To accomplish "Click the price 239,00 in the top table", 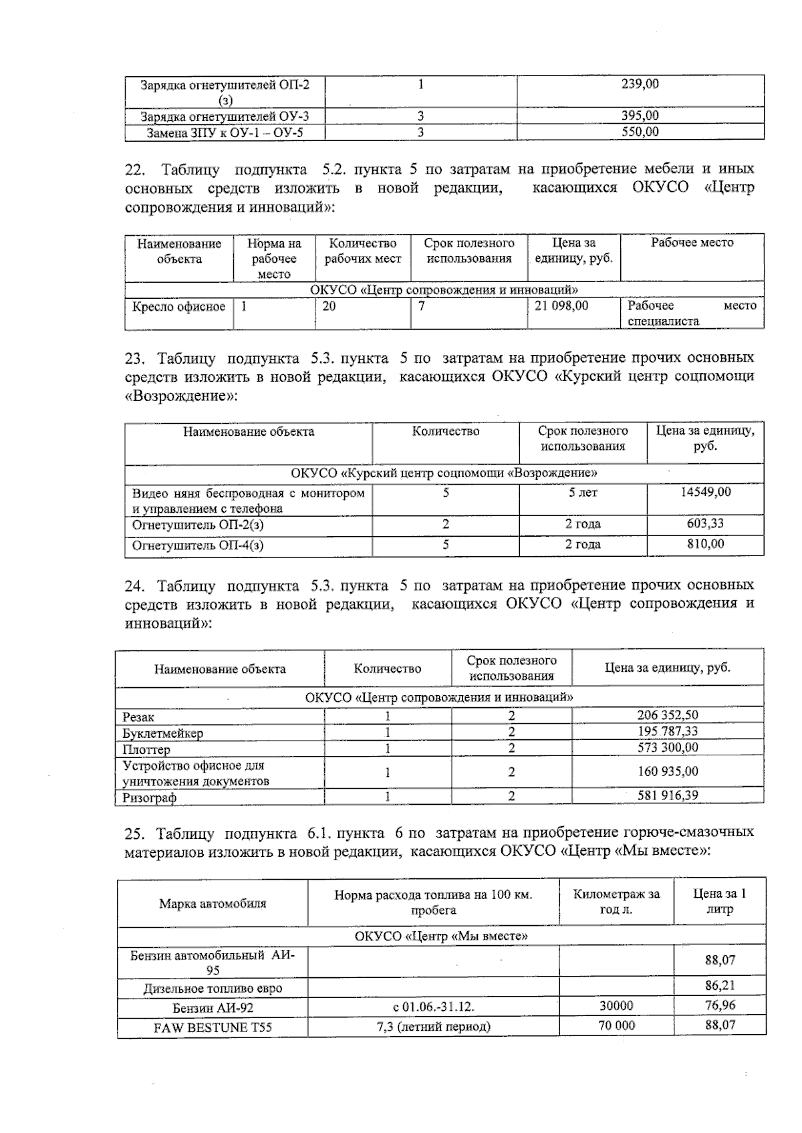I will point(640,84).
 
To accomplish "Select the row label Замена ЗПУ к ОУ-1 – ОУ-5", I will point(225,132).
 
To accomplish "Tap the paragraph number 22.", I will point(136,169).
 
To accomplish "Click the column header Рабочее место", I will point(692,243).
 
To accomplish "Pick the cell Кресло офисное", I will point(179,307).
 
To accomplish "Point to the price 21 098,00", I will point(562,305).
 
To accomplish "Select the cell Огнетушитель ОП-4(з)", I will point(198,545).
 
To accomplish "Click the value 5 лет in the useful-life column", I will point(582,493).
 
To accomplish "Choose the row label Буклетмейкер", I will point(162,733).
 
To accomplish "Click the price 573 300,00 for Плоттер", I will point(667,748).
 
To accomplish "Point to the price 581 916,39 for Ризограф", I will point(667,796).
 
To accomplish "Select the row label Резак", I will point(138,717).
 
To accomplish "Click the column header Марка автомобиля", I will point(213,904).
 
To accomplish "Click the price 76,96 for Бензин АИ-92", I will point(719,1005).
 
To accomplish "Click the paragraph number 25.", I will point(135,834).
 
